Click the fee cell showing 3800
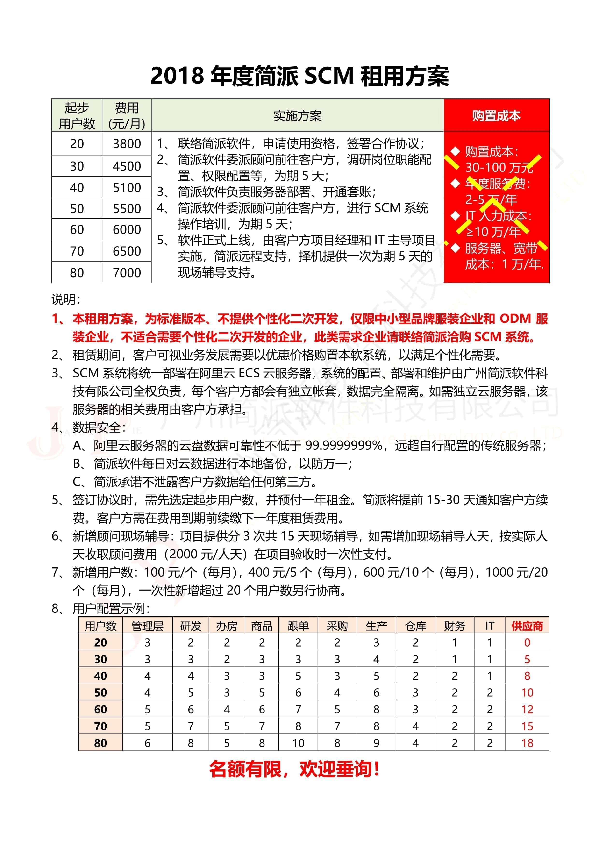[127, 143]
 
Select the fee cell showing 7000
[127, 273]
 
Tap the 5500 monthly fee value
[127, 208]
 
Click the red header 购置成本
[496, 115]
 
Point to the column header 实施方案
[297, 115]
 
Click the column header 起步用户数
[77, 115]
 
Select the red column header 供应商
[527, 626]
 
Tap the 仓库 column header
[415, 626]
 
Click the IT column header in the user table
[489, 626]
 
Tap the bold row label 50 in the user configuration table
[100, 692]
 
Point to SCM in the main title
[329, 76]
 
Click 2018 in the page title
[177, 76]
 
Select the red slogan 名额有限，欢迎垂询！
[294, 769]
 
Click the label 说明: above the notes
[66, 299]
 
